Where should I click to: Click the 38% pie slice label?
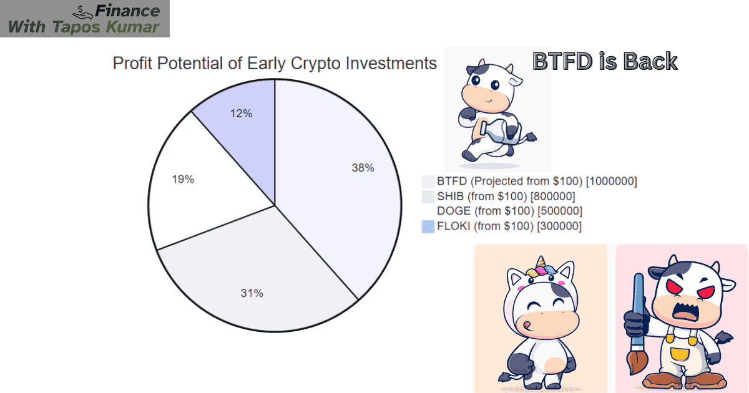(363, 168)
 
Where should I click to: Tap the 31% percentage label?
(252, 293)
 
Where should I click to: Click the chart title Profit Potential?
(274, 63)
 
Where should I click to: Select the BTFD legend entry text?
(537, 182)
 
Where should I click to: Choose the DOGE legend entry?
(509, 211)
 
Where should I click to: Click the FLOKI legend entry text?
(509, 226)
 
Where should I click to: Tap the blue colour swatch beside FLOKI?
(428, 226)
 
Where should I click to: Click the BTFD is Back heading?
(604, 61)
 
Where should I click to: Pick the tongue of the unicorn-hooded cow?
(528, 324)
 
